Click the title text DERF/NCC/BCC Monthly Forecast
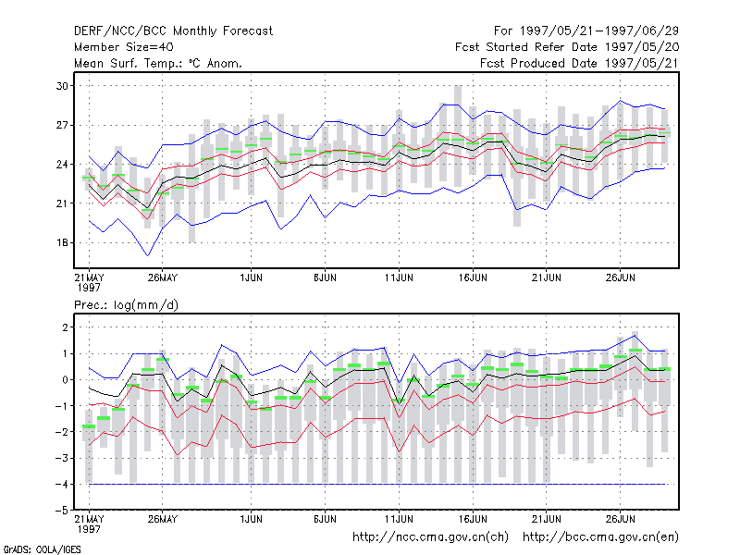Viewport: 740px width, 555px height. pos(173,31)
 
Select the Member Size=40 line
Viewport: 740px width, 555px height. pos(124,47)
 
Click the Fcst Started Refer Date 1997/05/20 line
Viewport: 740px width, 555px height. pos(567,47)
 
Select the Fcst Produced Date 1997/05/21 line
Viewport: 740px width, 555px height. pos(580,63)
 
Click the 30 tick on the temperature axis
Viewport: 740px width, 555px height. pos(62,86)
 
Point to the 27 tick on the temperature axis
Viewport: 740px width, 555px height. pos(62,125)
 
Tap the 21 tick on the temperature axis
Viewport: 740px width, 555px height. pos(62,203)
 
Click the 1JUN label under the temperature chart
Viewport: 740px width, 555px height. pos(251,277)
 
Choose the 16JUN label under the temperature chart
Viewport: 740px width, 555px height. pos(473,277)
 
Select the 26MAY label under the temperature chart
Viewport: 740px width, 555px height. pos(163,277)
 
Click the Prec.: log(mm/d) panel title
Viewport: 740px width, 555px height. pos(126,305)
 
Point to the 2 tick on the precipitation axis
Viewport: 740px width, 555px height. pos(65,327)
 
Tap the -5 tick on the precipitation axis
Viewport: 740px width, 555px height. pos(62,511)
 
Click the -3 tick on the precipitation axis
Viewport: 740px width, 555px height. pos(62,458)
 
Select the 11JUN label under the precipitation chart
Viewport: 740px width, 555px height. pos(399,519)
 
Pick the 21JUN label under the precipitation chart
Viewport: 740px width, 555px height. pos(547,519)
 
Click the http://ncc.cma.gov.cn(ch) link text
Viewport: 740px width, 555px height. pos(430,537)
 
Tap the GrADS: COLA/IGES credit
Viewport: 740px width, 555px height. pos(42,549)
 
